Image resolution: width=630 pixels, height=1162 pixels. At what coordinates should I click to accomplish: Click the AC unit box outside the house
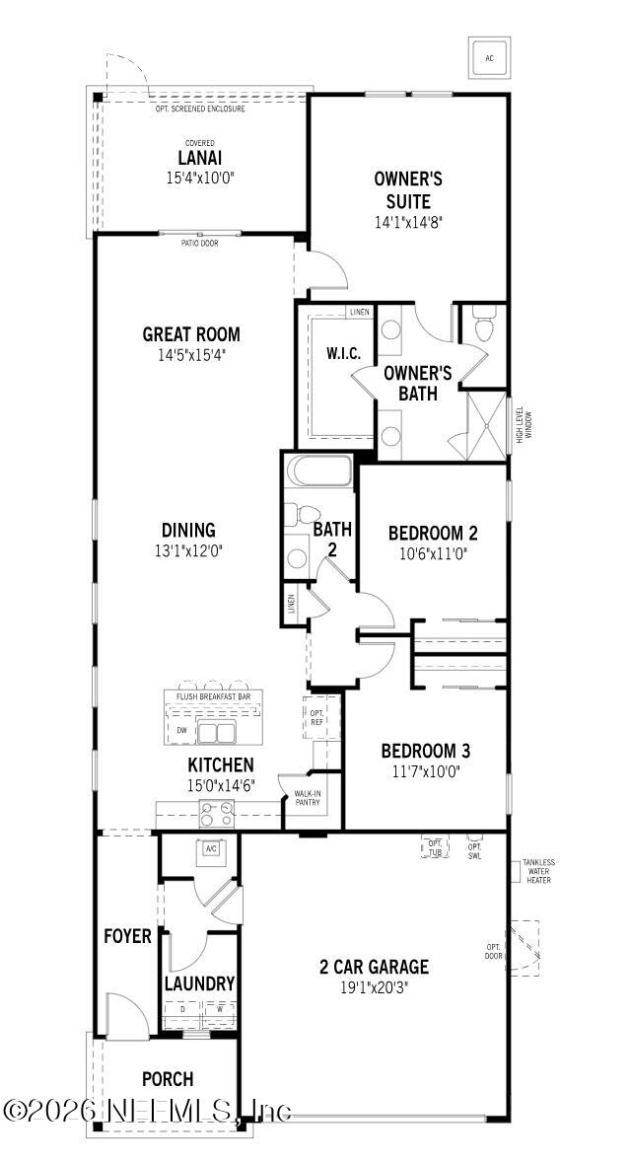click(x=488, y=58)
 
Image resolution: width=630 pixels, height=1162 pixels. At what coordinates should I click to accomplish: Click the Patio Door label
click(x=200, y=243)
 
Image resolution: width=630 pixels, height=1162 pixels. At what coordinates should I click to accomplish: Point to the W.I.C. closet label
click(x=342, y=353)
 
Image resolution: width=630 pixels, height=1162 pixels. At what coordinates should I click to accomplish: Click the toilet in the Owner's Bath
click(x=483, y=327)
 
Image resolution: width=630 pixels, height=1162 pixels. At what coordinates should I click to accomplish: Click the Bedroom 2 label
click(x=433, y=533)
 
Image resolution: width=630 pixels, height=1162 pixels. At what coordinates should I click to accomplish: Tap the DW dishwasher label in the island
click(x=181, y=730)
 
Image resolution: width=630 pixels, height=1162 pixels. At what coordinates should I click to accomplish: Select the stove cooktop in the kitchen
click(x=216, y=813)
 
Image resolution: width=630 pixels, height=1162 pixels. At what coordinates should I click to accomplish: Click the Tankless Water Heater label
click(x=539, y=871)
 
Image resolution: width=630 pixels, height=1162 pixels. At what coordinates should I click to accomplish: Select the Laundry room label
click(x=199, y=983)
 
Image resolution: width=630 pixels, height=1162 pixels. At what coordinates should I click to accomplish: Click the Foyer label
click(x=128, y=935)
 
